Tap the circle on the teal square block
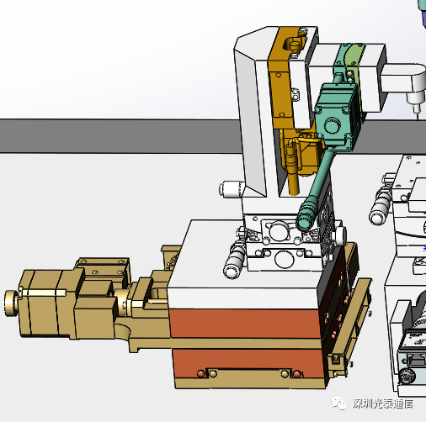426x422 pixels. click(x=332, y=125)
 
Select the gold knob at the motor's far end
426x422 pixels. click(x=11, y=303)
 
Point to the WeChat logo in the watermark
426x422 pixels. click(x=339, y=404)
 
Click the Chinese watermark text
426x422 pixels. click(x=383, y=404)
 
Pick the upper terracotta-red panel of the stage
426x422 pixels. click(x=245, y=324)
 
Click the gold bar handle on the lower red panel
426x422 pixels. click(x=249, y=373)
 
